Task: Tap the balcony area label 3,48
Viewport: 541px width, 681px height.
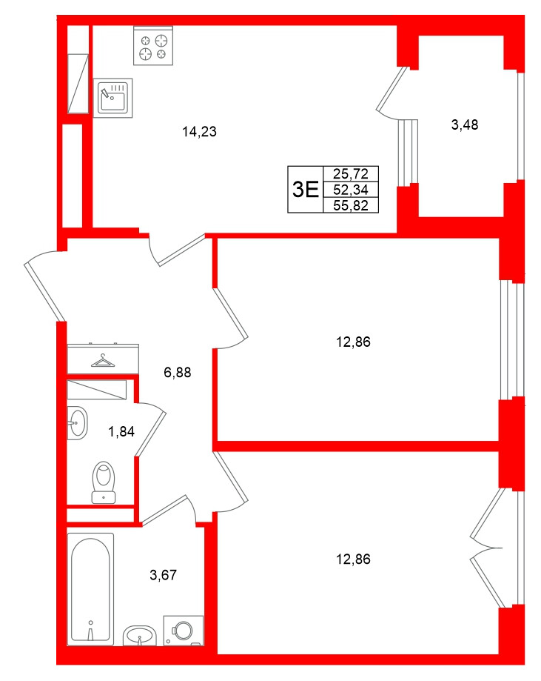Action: tap(465, 124)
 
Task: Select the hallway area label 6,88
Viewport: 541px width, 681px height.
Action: tap(177, 373)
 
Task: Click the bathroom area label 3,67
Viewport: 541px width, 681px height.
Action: tap(164, 574)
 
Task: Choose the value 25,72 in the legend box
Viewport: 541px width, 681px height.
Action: tap(351, 174)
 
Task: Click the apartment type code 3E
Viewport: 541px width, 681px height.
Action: tap(305, 190)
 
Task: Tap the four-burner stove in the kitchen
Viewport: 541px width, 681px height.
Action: tap(152, 45)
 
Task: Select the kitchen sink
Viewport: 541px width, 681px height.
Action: tap(114, 97)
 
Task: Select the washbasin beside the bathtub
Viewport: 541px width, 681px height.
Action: tap(138, 634)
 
